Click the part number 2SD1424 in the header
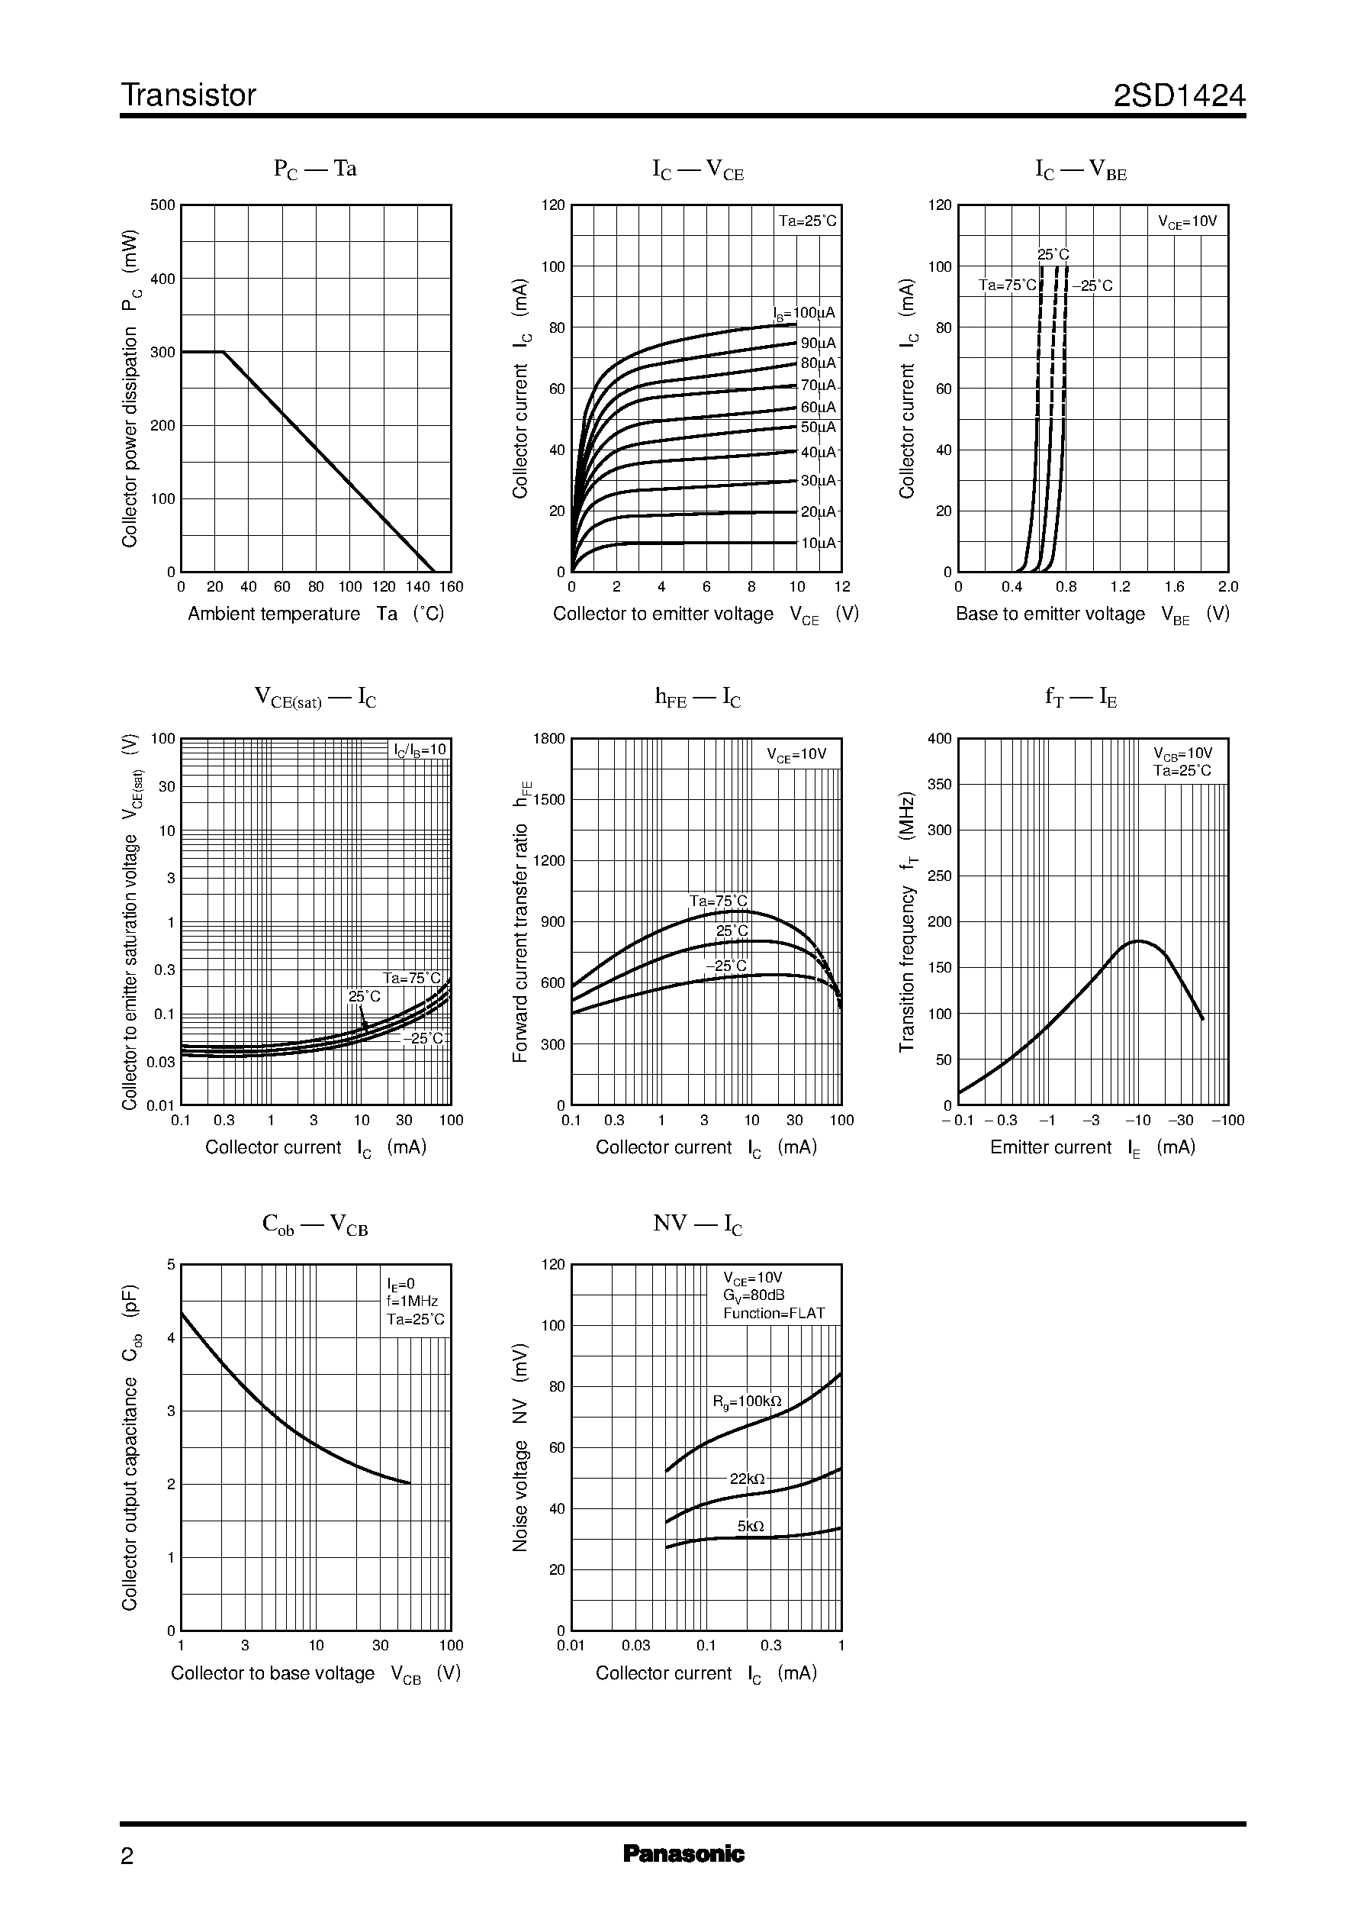click(1179, 95)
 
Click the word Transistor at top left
click(188, 95)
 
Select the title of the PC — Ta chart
click(316, 169)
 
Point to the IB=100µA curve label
click(806, 313)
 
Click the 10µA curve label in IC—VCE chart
click(817, 543)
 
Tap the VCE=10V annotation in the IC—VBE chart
click(1188, 222)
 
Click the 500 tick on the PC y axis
click(162, 205)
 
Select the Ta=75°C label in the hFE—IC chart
click(718, 901)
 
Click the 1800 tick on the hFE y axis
click(548, 739)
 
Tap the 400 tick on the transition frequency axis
click(938, 739)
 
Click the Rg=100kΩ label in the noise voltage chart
click(747, 1401)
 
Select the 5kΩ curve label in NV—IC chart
click(750, 1526)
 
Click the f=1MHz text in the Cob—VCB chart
click(413, 1301)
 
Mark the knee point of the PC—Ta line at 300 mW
click(223, 352)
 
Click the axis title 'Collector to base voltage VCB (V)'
click(316, 1673)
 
